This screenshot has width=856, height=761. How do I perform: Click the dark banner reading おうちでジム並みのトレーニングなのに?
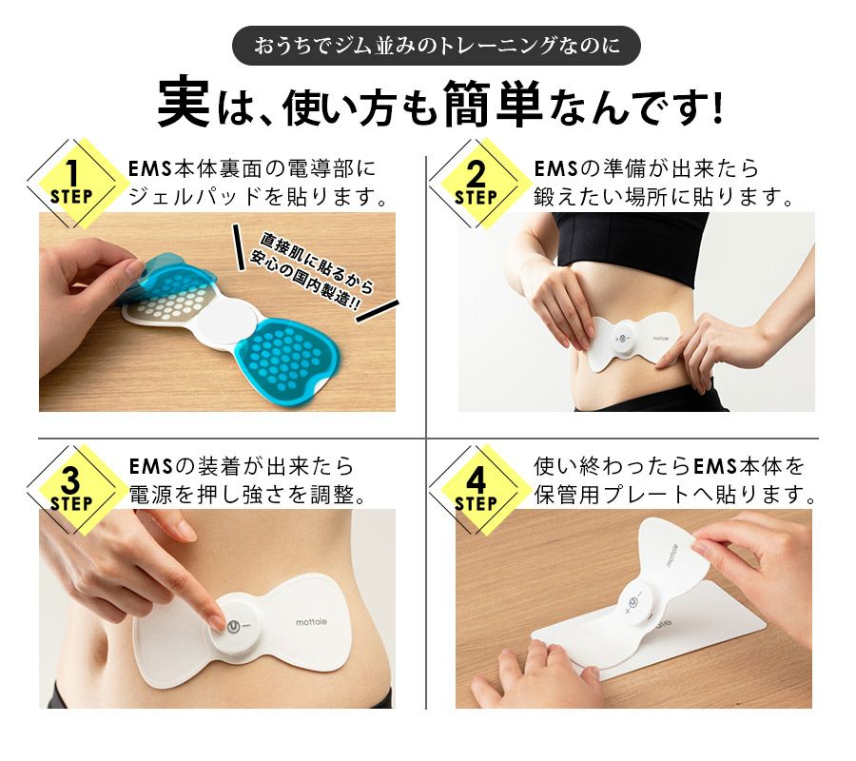[436, 46]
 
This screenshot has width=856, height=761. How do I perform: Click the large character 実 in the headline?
[184, 102]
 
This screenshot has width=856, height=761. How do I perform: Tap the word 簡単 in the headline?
[493, 103]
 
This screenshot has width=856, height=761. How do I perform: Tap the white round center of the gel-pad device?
[227, 322]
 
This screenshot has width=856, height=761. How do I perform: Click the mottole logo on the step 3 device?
[312, 622]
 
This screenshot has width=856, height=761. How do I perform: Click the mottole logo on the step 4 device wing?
[672, 555]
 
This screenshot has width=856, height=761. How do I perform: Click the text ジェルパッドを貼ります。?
[257, 197]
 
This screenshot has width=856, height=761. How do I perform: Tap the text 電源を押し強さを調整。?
[246, 495]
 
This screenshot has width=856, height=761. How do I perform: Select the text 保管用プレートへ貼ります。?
[674, 495]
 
